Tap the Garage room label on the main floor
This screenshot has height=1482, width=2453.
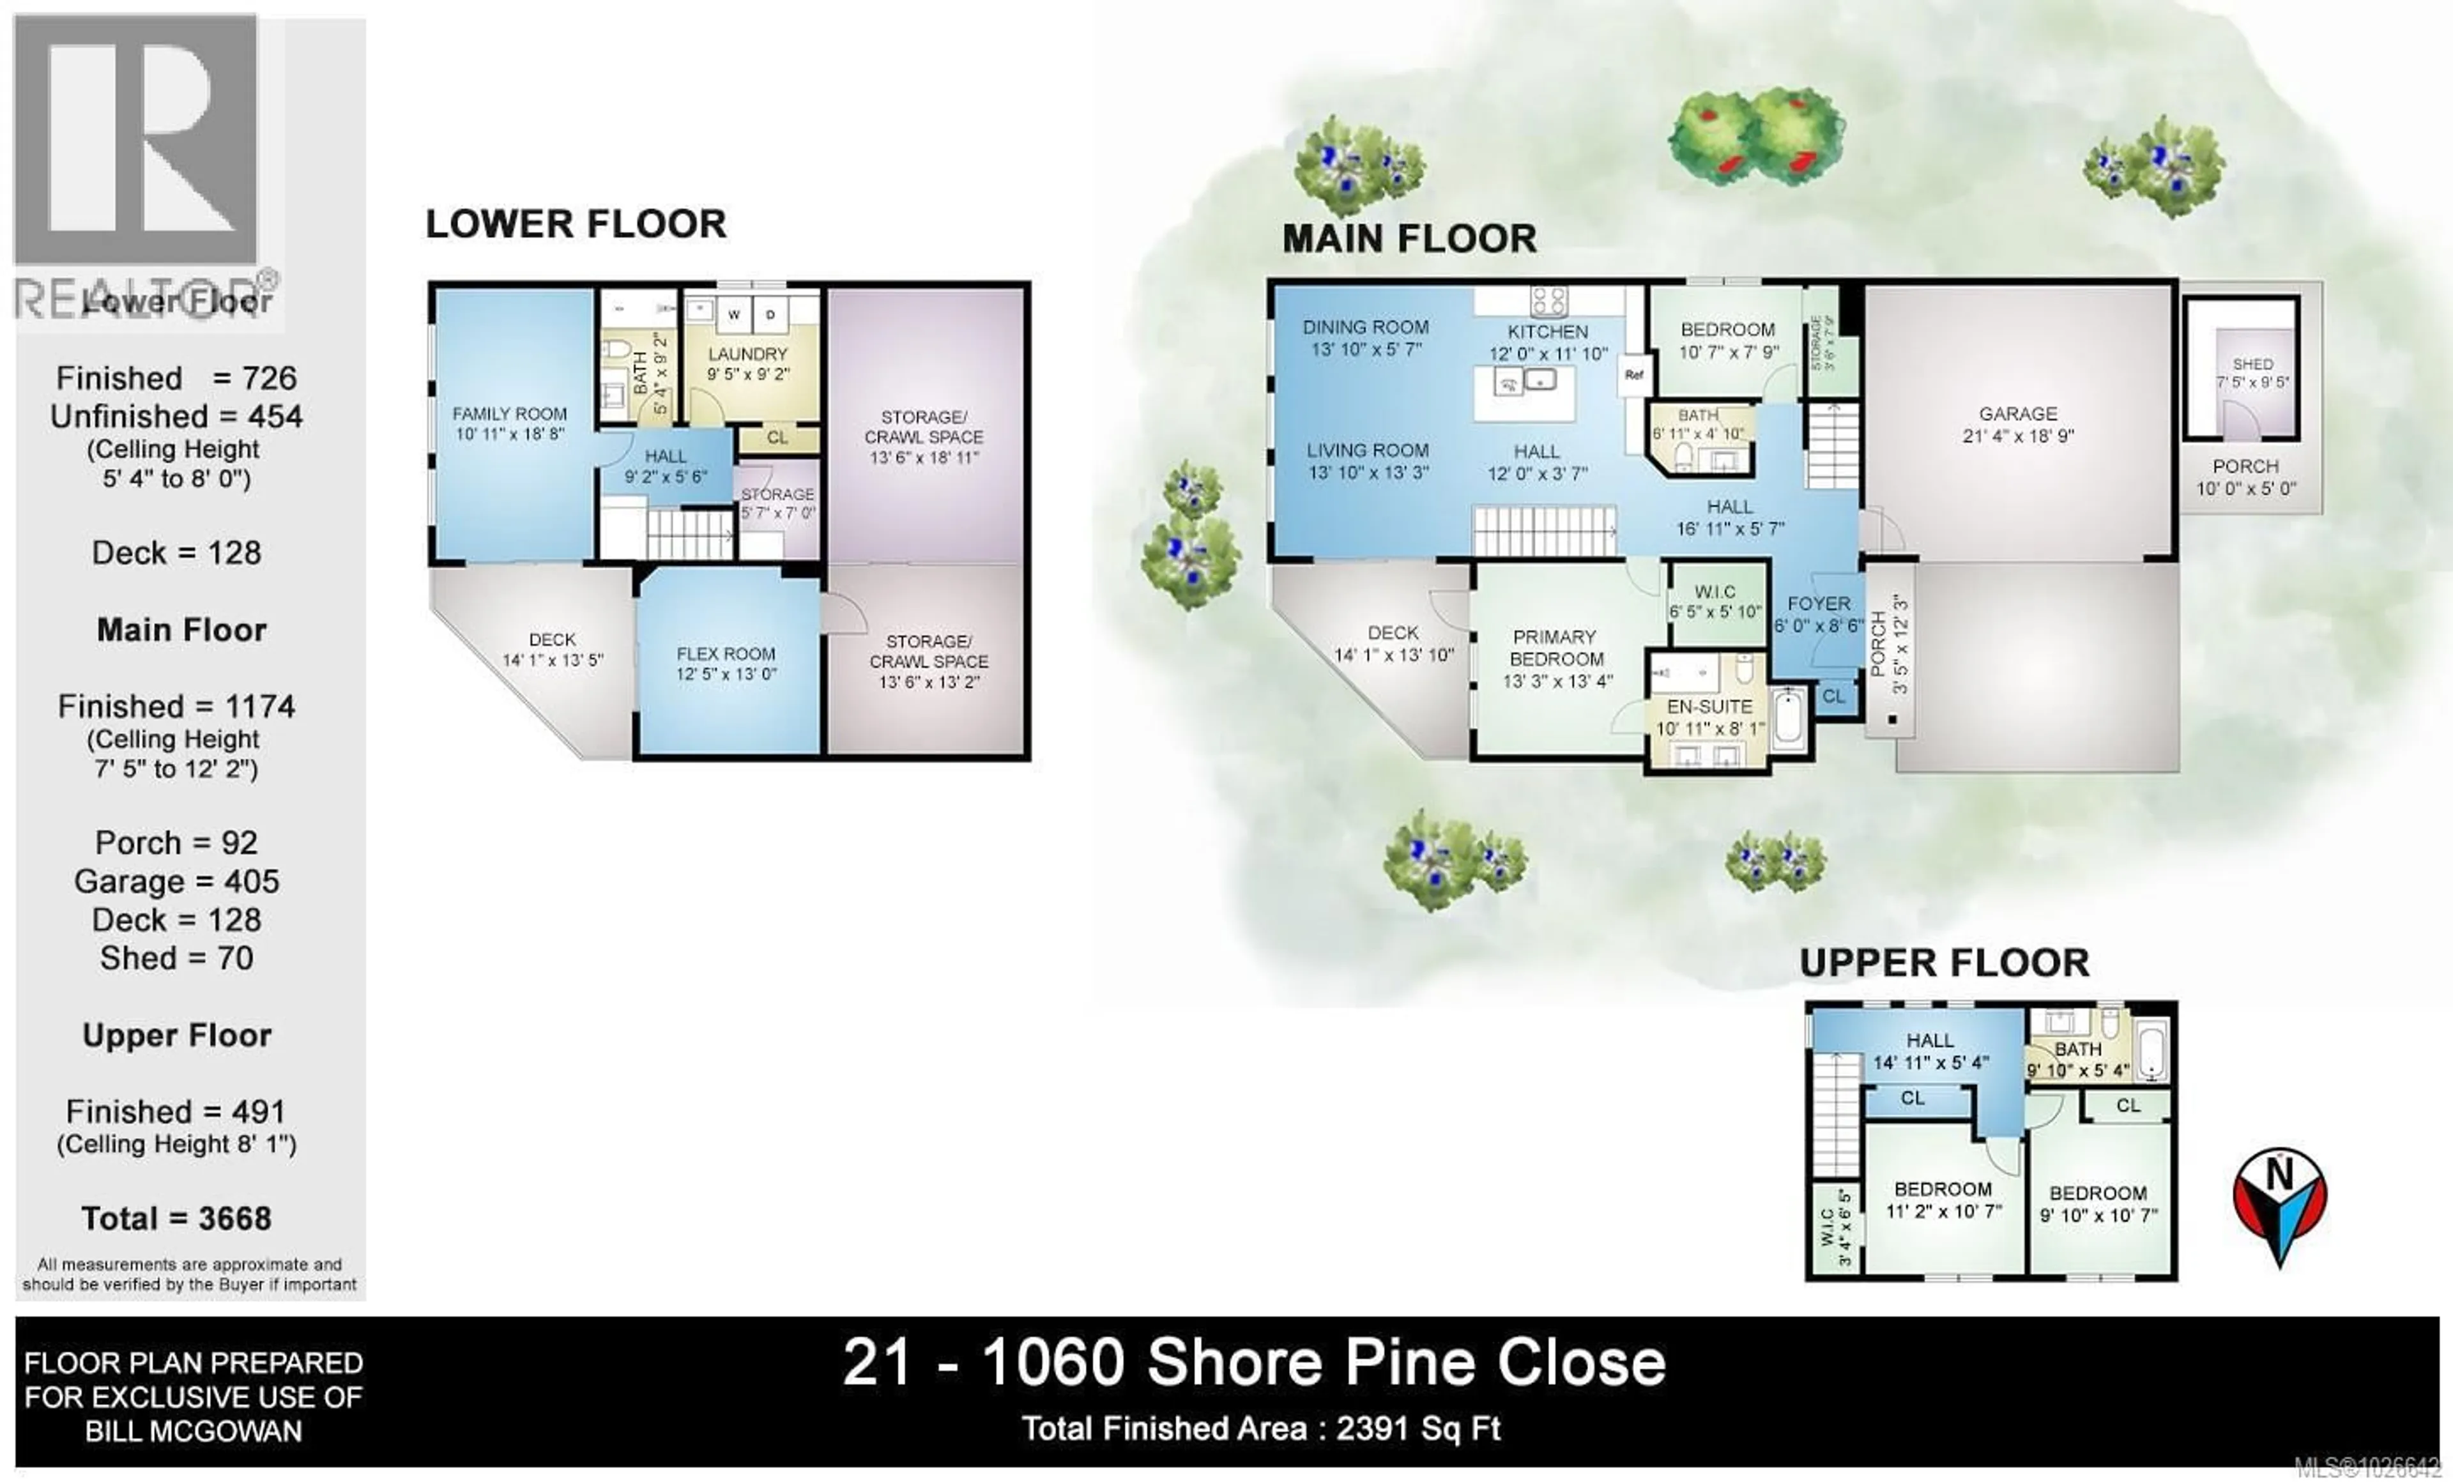pyautogui.click(x=2018, y=414)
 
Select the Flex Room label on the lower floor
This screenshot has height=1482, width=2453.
pyautogui.click(x=726, y=654)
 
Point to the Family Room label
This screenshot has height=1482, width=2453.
pyautogui.click(x=510, y=414)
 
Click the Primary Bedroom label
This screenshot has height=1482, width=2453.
pyautogui.click(x=1556, y=648)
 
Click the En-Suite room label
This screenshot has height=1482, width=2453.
pyautogui.click(x=1709, y=707)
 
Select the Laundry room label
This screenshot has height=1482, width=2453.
pyautogui.click(x=747, y=355)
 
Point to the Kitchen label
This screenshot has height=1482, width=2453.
pyautogui.click(x=1547, y=332)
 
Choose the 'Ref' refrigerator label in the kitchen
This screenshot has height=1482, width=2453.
pyautogui.click(x=1633, y=375)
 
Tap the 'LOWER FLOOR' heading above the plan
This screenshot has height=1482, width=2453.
pyautogui.click(x=576, y=224)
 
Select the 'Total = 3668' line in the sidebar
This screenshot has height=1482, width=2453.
pyautogui.click(x=176, y=1218)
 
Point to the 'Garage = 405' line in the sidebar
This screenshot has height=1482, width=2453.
pyautogui.click(x=176, y=881)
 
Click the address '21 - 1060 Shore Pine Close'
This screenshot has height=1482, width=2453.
pyautogui.click(x=1253, y=1363)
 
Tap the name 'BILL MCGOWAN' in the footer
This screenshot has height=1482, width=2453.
pyautogui.click(x=193, y=1432)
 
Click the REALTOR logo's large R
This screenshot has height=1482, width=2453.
pyautogui.click(x=137, y=139)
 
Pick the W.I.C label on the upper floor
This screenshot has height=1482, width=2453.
pyautogui.click(x=1827, y=1227)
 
